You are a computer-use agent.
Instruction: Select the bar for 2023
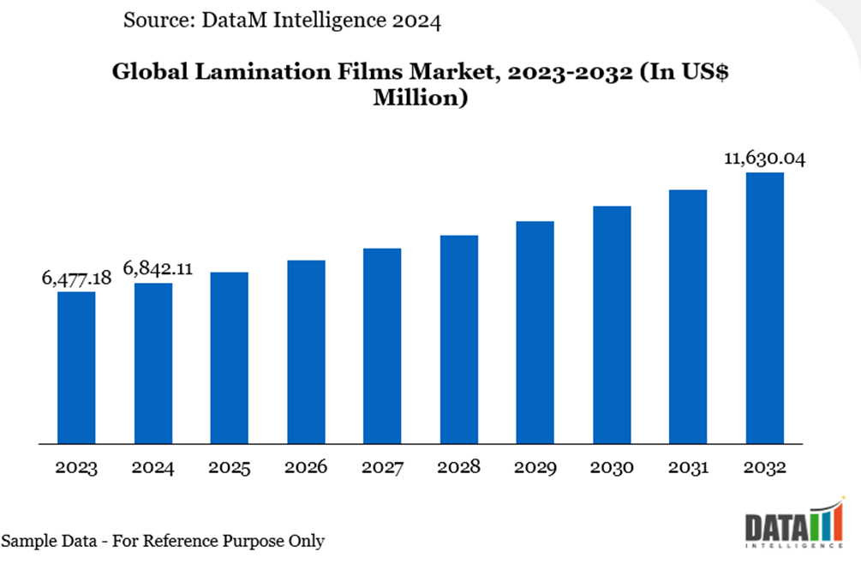[x=76, y=368]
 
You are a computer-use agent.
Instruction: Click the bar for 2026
[x=306, y=352]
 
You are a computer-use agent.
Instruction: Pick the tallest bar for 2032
[x=765, y=309]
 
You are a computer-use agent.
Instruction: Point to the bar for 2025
[x=230, y=358]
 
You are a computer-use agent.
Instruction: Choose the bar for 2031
[x=688, y=317]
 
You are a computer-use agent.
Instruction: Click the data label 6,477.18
[x=76, y=278]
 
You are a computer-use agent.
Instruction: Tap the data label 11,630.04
[x=765, y=159]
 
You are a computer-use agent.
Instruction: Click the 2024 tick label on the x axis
[x=153, y=468]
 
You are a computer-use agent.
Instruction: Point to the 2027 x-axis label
[x=382, y=468]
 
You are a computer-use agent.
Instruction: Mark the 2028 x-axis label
[x=458, y=468]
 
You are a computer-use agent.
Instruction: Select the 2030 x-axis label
[x=612, y=468]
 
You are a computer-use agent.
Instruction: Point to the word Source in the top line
[x=156, y=21]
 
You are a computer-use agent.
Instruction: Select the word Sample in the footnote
[x=31, y=541]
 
